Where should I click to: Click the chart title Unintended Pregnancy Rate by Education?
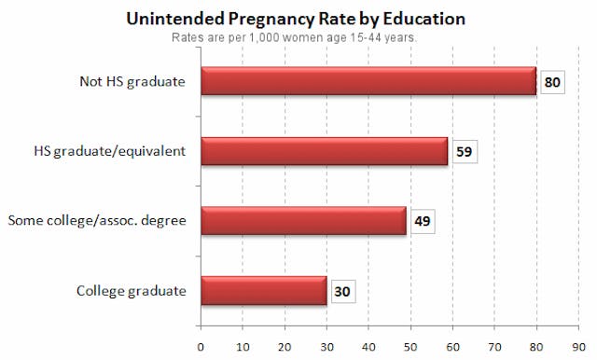tap(298, 19)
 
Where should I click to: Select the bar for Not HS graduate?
tap(368, 81)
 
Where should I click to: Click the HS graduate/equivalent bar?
tap(324, 151)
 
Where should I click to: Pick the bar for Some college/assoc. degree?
tap(303, 221)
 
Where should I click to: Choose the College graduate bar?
tap(263, 291)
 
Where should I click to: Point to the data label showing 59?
tap(464, 151)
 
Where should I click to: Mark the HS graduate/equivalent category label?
tap(112, 151)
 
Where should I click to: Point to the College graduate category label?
tap(132, 291)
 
